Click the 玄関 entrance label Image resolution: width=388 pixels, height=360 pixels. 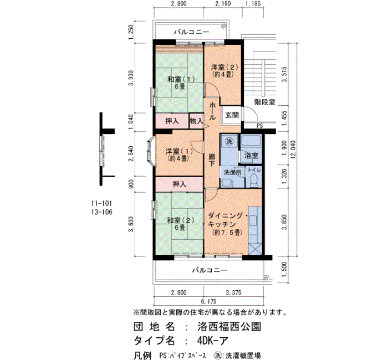tap(232, 115)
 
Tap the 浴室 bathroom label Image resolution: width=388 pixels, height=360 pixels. tap(252, 156)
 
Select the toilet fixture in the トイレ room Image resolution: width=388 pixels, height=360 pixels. tap(254, 180)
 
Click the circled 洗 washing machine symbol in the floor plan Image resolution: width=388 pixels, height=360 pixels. tap(229, 142)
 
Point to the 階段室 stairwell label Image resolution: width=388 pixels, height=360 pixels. tap(264, 102)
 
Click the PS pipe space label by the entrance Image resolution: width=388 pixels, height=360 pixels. tap(259, 126)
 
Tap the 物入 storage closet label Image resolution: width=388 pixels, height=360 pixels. tap(196, 121)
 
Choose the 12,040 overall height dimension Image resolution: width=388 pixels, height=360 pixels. tap(293, 150)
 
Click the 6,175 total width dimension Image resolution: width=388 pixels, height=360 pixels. tap(208, 301)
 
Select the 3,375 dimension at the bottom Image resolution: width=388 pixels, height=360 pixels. tap(233, 293)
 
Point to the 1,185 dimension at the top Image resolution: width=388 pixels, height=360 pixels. tap(253, 3)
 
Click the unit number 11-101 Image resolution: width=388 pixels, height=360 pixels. tap(101, 203)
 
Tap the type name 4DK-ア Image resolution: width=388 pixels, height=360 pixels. tap(213, 341)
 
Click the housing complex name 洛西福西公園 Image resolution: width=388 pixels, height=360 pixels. tap(229, 327)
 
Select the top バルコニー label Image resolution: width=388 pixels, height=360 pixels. tap(192, 32)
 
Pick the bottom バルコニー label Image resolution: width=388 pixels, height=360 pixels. tap(210, 270)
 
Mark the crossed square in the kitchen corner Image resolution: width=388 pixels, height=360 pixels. tap(255, 249)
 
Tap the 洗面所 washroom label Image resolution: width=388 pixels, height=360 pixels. tap(233, 172)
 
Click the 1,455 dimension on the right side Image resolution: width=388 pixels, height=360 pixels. tap(284, 118)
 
